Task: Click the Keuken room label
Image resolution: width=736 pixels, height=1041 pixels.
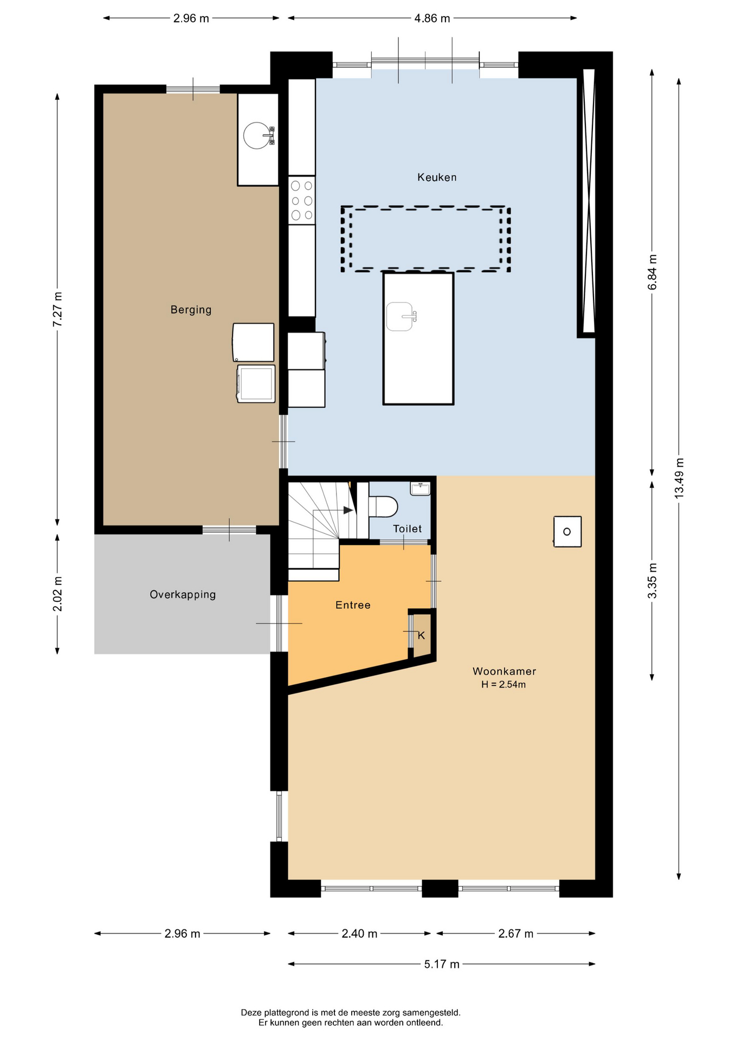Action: coord(437,177)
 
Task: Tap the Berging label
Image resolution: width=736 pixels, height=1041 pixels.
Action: coord(191,310)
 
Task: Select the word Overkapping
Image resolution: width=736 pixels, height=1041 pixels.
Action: coord(183,595)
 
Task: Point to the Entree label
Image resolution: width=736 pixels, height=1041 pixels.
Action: coord(353,605)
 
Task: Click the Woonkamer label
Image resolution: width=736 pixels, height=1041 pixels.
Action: coord(504,671)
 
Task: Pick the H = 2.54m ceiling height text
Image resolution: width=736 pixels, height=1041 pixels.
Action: coord(503,685)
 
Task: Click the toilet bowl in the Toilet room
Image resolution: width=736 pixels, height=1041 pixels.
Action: coord(383,507)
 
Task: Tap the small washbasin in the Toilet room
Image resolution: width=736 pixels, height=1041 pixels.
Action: coord(421,489)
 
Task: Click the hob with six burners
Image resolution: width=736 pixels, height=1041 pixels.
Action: coord(302,200)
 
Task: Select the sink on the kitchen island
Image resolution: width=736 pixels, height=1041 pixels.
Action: coord(401,316)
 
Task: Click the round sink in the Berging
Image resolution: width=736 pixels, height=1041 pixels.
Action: coord(259,136)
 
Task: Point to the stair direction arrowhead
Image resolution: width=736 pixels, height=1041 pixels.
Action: coord(348,510)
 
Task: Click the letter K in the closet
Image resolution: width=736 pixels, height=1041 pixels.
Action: coord(421,635)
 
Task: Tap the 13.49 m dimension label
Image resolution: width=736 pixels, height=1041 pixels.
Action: coord(680,478)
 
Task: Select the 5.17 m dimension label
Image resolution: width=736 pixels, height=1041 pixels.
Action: coord(442,964)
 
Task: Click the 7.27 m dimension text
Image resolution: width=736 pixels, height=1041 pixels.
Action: coord(57,310)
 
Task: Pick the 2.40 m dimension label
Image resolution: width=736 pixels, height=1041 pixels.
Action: coord(359,934)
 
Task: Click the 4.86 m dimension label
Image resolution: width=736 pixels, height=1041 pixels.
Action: coord(432,18)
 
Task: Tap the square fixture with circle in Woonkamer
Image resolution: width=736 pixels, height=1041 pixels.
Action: coord(567,531)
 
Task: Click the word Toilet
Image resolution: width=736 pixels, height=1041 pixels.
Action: coord(407,529)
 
